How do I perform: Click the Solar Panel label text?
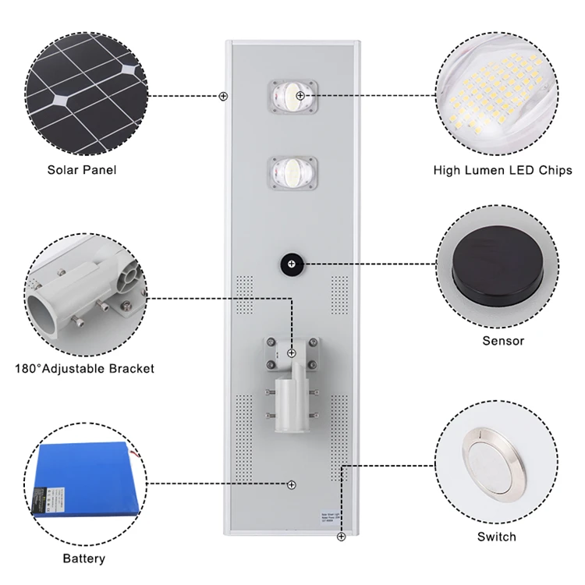(82, 169)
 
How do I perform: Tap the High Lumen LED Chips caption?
(502, 170)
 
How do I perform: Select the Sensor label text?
(503, 340)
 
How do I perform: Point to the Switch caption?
(497, 537)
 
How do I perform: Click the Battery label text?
(84, 558)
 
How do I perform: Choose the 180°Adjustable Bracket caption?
(84, 368)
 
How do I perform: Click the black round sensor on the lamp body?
(291, 265)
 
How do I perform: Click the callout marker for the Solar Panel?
(224, 96)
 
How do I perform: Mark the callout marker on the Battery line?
(291, 484)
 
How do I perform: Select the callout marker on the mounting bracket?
(292, 353)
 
